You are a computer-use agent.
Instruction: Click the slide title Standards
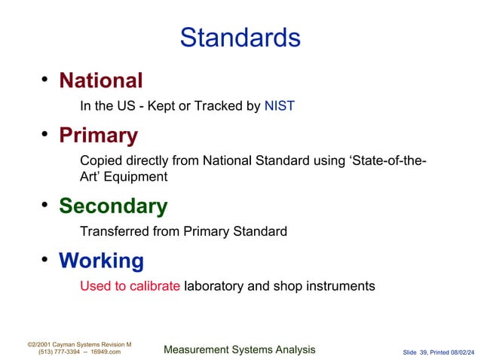point(240,37)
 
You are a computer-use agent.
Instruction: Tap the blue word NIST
point(279,106)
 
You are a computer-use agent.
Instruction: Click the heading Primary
point(98,136)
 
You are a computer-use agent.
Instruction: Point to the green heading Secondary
point(113,206)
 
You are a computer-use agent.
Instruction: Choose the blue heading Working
point(101,261)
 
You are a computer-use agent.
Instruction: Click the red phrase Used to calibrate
point(130,286)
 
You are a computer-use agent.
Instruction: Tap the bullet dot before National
point(45,78)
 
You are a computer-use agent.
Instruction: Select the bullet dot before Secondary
point(45,205)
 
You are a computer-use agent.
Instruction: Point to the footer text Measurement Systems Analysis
point(240,349)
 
